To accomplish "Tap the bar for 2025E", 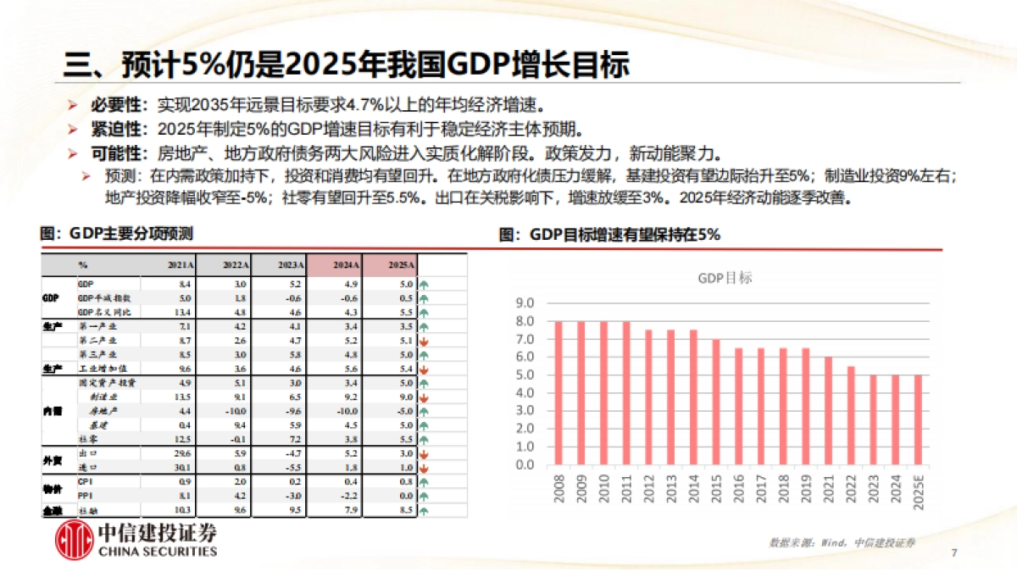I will tap(917, 419).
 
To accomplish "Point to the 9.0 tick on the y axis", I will tap(525, 303).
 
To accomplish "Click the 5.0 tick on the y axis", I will tap(525, 375).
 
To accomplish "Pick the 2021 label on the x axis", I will tap(827, 490).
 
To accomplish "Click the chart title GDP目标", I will tap(725, 278).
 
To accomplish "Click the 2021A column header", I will tap(181, 265).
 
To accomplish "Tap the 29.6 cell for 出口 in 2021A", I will tap(182, 453).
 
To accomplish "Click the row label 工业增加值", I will tap(99, 369).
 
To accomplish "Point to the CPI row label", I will tap(85, 481).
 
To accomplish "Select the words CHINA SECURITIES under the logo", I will tap(158, 552).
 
